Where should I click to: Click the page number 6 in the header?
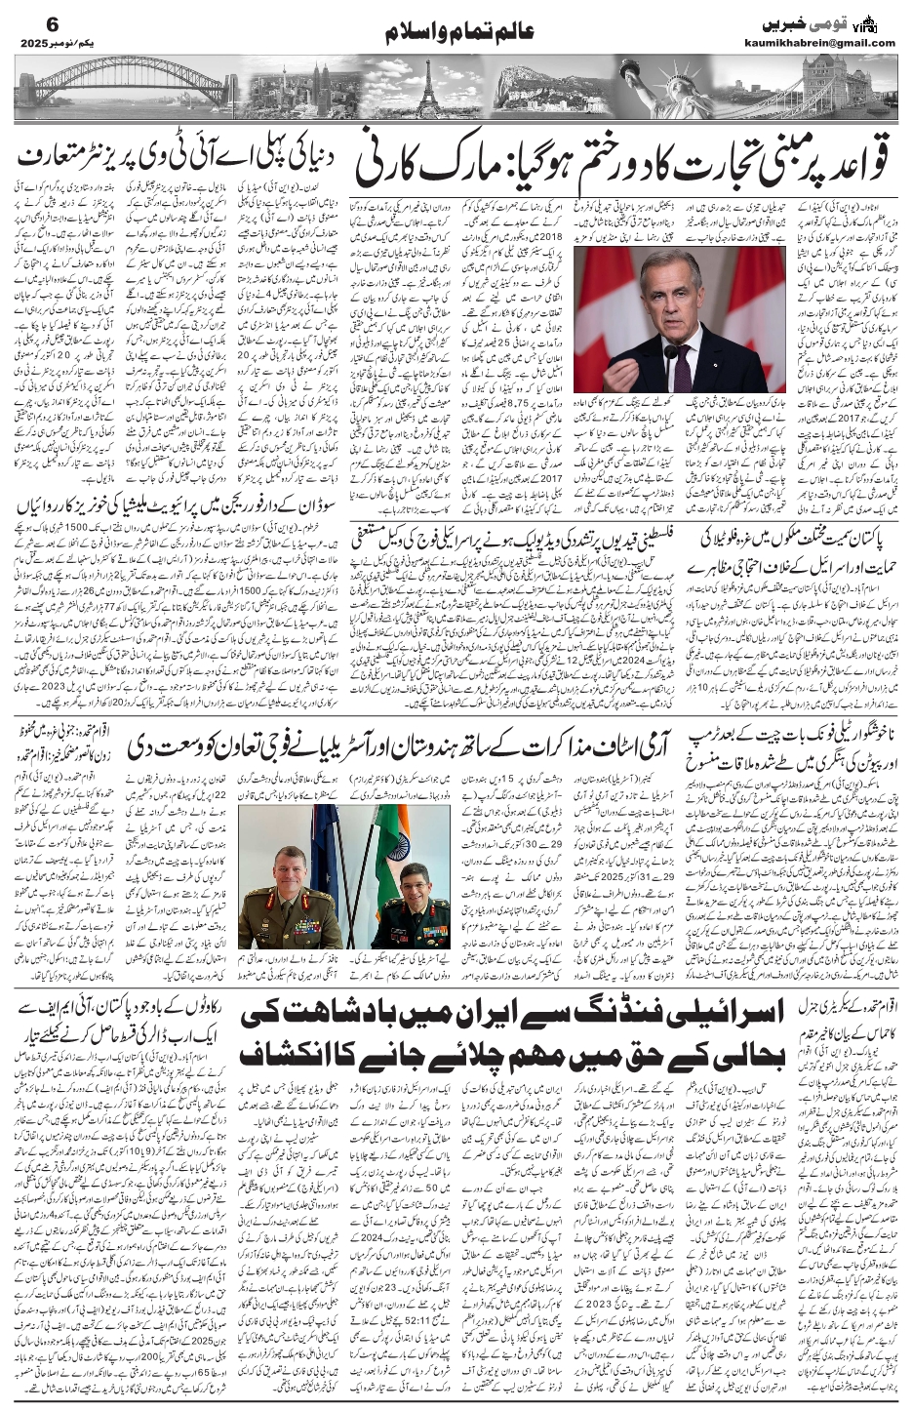click(26, 24)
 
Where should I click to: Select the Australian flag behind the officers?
click(326, 839)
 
